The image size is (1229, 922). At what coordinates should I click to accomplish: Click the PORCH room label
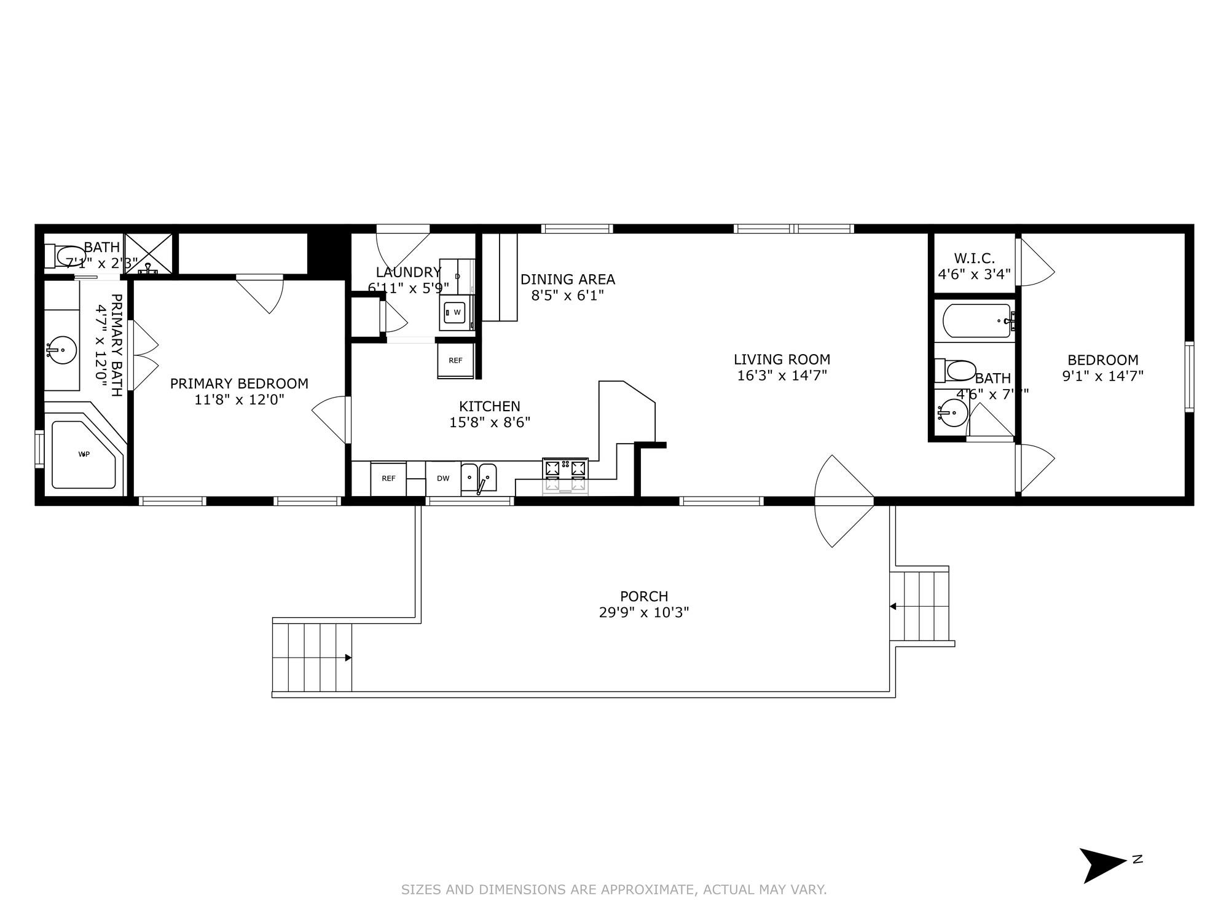(644, 596)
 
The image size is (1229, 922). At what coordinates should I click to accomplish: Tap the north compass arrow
(1104, 865)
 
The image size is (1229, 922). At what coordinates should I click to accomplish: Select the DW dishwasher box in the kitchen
(443, 479)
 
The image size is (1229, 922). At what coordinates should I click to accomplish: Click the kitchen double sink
(479, 477)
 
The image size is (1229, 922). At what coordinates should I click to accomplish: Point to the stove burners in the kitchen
(565, 468)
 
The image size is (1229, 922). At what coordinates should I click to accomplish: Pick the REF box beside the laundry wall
(455, 361)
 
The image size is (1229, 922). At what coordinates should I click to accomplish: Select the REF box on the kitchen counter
(388, 478)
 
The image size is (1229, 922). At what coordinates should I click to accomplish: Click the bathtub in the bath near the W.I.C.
(976, 321)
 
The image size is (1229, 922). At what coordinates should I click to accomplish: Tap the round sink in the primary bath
(61, 351)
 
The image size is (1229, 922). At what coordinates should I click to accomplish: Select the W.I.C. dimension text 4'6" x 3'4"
(974, 274)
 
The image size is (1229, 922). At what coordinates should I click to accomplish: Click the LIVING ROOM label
(782, 360)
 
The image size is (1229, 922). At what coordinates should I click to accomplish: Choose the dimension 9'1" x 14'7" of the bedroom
(1102, 376)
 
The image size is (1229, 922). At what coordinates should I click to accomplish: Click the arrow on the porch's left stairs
(348, 658)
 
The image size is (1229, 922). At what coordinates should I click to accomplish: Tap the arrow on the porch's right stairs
(893, 607)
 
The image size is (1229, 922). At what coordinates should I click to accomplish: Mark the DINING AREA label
(567, 280)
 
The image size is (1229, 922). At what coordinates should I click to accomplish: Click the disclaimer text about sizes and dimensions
(614, 889)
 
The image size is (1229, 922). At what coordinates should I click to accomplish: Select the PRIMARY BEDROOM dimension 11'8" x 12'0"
(239, 400)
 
